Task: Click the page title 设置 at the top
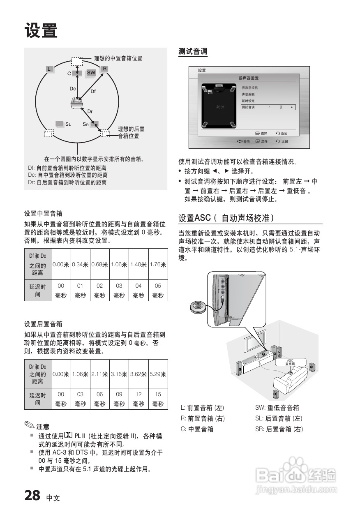click(41, 31)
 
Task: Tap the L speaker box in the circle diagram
click(49, 69)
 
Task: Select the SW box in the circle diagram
click(91, 73)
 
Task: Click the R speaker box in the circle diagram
click(104, 69)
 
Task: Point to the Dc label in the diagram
click(73, 89)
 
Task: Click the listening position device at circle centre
click(76, 103)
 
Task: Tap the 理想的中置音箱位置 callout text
click(118, 58)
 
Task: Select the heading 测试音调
click(193, 52)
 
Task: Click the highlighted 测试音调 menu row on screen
click(268, 107)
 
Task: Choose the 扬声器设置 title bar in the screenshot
click(249, 78)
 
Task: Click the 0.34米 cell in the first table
click(80, 265)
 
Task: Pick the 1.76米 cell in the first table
click(158, 265)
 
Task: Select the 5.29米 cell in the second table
click(158, 374)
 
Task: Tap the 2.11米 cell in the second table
click(99, 374)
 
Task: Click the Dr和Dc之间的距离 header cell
click(37, 374)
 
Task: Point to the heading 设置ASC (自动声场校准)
click(226, 217)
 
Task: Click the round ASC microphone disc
click(199, 307)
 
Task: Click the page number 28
click(32, 496)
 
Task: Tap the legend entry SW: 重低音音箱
click(277, 408)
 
